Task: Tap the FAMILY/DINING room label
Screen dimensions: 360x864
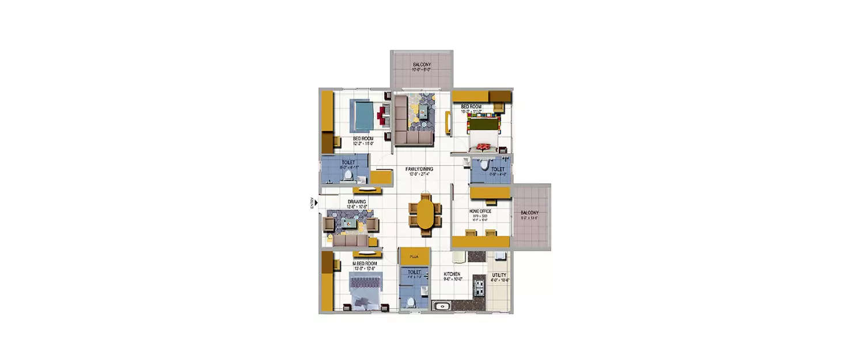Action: (419, 169)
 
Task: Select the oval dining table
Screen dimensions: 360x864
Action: (425, 214)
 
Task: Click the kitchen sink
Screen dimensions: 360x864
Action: (442, 306)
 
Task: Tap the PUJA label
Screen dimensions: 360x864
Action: (413, 257)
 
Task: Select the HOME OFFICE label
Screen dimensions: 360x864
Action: (480, 211)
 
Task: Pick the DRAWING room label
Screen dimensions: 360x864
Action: (357, 202)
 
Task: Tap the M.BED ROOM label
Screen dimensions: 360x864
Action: (364, 263)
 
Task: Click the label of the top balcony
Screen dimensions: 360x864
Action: (422, 65)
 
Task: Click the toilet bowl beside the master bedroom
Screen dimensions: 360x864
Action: (410, 302)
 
